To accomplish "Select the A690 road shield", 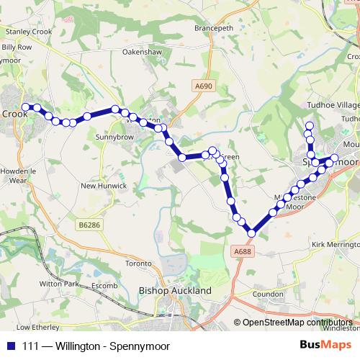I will click(204, 86).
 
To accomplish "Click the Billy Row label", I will click(17, 47).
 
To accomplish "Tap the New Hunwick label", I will click(104, 186).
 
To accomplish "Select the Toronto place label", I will click(139, 264).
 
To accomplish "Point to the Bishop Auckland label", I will click(174, 291).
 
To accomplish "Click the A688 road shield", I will click(243, 251).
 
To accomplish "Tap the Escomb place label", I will click(104, 286).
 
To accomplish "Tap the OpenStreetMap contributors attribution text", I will click(297, 323).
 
